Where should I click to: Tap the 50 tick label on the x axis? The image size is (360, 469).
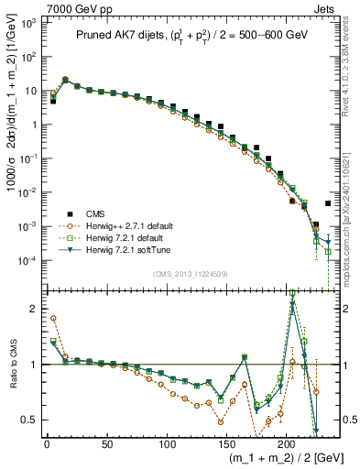(107, 443)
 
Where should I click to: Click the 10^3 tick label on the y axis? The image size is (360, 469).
(28, 21)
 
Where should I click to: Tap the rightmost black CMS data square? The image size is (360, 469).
(328, 203)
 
